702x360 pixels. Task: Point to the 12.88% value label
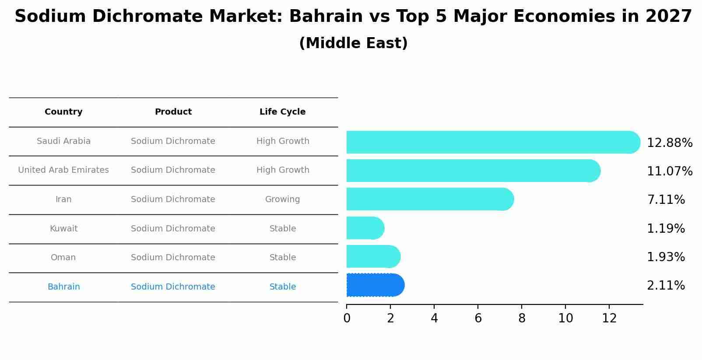coord(669,143)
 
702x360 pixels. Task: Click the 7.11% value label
coord(666,200)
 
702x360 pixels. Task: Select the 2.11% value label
coord(666,286)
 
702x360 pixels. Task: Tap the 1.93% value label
coord(666,257)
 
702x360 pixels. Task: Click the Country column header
coord(63,112)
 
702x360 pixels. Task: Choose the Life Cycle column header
coord(282,112)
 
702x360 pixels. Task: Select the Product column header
coord(173,112)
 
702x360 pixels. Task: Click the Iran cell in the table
coord(63,199)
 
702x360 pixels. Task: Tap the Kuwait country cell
coord(63,229)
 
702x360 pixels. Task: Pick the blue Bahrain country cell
coord(63,287)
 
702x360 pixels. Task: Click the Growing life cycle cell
coord(282,199)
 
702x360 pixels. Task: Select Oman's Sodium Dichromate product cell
coord(173,258)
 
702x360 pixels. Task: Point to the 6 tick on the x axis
coord(478,318)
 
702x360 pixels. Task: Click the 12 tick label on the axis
coord(609,318)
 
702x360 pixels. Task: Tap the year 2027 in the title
coord(668,17)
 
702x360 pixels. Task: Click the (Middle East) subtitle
coord(353,43)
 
